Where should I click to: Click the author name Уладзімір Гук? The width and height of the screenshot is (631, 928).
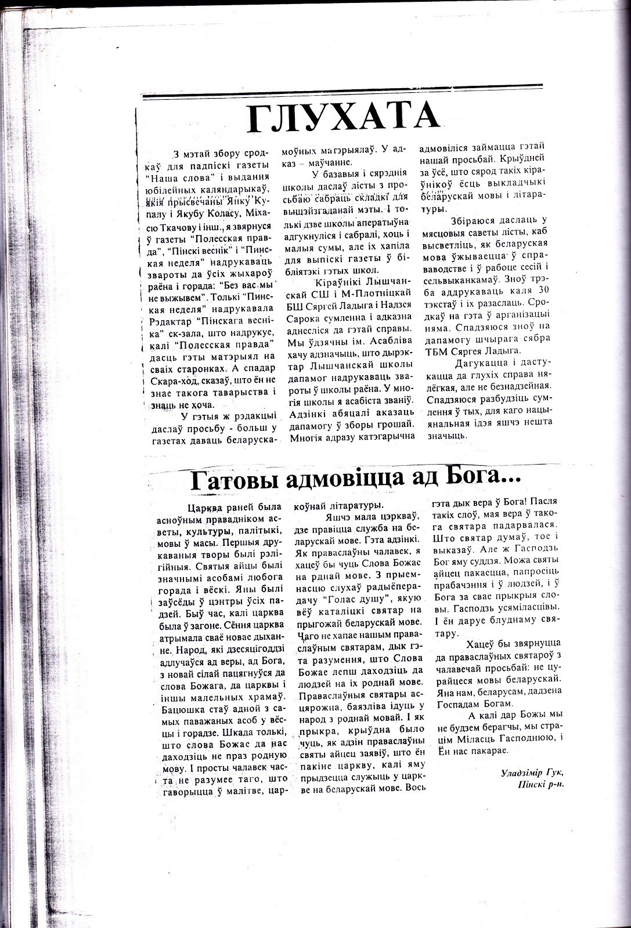click(x=532, y=774)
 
